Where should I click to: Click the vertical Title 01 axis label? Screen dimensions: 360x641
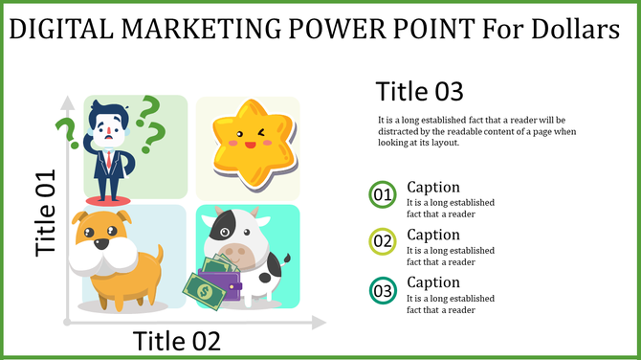46,213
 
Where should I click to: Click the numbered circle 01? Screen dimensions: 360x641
383,194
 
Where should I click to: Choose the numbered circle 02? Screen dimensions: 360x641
383,241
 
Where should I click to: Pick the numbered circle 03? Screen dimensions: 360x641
383,289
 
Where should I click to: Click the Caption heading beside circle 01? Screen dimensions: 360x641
433,187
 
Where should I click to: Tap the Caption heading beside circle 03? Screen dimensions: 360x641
433,282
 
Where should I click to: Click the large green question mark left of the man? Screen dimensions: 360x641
65,134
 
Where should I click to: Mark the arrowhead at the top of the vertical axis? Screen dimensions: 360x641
65,101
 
